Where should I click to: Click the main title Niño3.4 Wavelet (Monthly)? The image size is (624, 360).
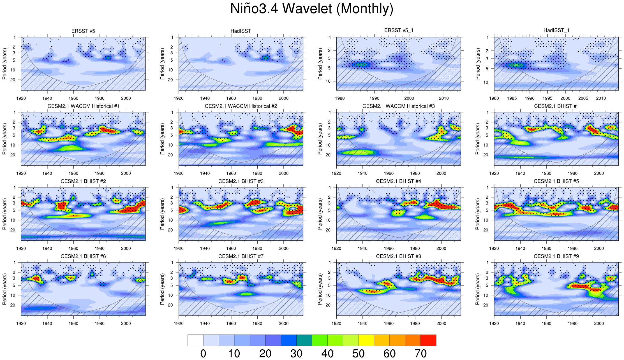[312, 9]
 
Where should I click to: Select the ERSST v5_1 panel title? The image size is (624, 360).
[399, 30]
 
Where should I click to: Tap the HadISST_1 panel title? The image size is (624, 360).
[556, 30]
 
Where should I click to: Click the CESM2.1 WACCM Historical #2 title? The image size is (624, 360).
[241, 106]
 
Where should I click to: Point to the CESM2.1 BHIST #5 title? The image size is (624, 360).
[556, 181]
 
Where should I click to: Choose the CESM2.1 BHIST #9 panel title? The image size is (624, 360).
[556, 256]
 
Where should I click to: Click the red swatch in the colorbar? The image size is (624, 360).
[428, 340]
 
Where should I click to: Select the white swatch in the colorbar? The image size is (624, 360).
[195, 340]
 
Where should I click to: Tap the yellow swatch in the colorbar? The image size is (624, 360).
[366, 340]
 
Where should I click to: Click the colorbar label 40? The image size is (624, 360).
[327, 354]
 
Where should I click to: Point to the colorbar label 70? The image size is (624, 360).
[420, 354]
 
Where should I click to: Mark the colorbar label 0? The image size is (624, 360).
[203, 354]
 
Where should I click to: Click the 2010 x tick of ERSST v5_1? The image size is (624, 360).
[444, 98]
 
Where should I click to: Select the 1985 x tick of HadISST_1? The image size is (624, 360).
[512, 98]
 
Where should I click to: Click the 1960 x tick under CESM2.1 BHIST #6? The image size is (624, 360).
[73, 324]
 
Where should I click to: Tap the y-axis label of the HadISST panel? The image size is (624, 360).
[162, 64]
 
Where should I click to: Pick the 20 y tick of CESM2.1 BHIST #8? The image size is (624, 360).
[328, 305]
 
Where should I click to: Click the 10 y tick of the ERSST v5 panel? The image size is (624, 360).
[13, 70]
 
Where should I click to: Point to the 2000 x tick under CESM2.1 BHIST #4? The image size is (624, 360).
[441, 248]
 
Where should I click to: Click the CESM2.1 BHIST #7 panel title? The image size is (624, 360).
[241, 256]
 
